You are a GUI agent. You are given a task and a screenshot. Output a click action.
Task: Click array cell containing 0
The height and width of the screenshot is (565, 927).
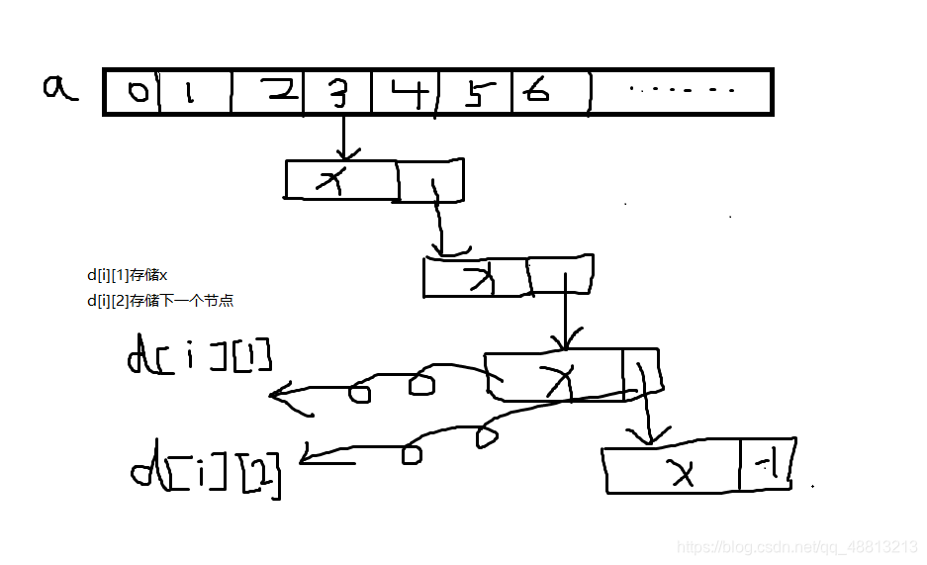(x=133, y=92)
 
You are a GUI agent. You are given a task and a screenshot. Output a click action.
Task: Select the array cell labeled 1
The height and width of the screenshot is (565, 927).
(x=194, y=92)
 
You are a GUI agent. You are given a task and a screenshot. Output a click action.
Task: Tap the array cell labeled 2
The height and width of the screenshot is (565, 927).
(x=268, y=92)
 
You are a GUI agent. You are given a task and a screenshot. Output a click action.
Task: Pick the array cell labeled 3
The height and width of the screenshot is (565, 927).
(x=337, y=92)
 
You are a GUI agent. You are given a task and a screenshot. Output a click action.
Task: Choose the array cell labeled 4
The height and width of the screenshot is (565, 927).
(x=406, y=92)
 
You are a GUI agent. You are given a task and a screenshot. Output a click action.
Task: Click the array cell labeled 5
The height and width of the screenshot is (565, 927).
(x=475, y=92)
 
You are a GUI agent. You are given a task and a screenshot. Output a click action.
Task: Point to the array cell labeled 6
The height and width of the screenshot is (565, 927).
(x=550, y=92)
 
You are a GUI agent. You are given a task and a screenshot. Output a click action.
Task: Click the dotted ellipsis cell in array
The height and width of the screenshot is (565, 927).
(x=681, y=92)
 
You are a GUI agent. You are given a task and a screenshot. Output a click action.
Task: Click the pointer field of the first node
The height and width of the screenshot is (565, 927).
(x=429, y=181)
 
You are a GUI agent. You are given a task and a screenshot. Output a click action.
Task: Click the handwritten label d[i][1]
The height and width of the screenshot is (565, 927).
(x=200, y=356)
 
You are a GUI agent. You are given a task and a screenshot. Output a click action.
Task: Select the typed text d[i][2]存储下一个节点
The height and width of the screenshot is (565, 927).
(x=160, y=301)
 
